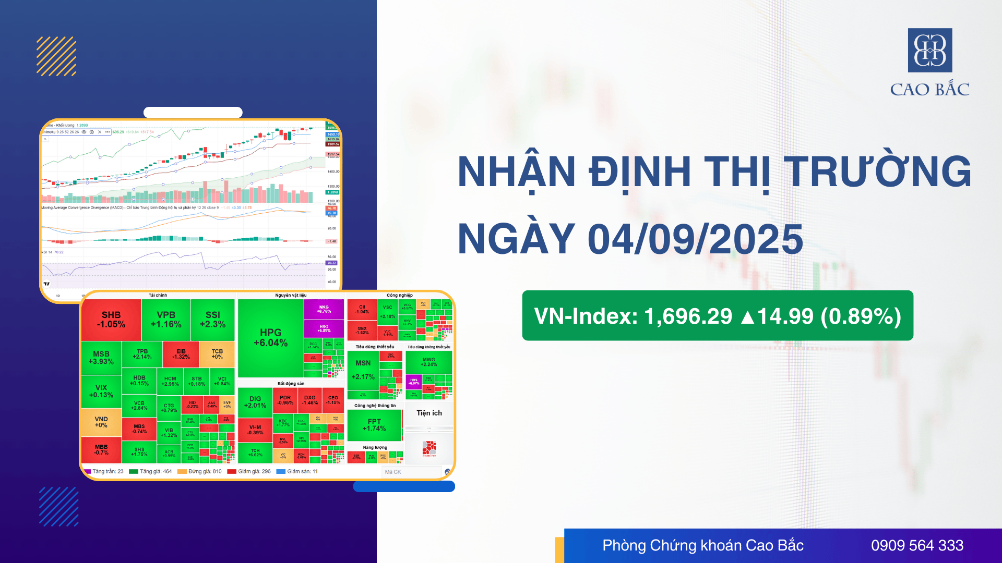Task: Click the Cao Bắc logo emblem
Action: (x=930, y=50)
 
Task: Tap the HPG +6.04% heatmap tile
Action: (x=270, y=338)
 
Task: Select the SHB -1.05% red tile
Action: (x=111, y=320)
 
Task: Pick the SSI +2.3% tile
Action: (x=212, y=320)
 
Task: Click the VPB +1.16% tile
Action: (x=166, y=320)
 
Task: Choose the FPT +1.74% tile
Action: (x=374, y=425)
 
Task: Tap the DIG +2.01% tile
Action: (x=255, y=402)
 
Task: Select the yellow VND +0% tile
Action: (x=101, y=422)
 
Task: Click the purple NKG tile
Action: (x=324, y=309)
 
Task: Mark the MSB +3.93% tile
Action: (x=101, y=358)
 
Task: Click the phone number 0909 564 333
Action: (x=917, y=545)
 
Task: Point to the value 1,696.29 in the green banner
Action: (x=688, y=316)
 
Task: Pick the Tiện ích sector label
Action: (x=429, y=413)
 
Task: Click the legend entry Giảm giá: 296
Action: (x=249, y=471)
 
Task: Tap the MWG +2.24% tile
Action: (x=428, y=362)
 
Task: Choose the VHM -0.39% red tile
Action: (x=255, y=430)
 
